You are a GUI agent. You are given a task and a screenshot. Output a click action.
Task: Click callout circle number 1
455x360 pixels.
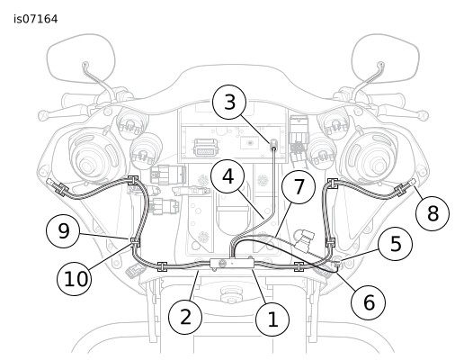click(x=272, y=319)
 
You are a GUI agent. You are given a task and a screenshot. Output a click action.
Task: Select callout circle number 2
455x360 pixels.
click(x=185, y=317)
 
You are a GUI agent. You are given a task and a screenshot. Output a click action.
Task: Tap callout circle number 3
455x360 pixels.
click(x=229, y=103)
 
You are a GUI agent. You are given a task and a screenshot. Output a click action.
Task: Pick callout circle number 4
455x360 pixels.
click(x=227, y=176)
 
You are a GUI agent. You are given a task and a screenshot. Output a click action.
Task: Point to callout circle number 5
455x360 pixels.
click(x=396, y=244)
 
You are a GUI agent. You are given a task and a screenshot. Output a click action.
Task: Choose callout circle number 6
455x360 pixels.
click(x=369, y=302)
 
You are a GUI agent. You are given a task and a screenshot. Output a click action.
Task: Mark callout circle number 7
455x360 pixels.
click(x=299, y=187)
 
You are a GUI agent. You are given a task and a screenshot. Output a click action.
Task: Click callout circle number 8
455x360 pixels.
click(x=433, y=213)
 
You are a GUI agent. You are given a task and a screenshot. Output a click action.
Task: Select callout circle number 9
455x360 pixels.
click(x=63, y=231)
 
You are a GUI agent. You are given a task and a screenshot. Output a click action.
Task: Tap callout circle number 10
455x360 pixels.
click(x=74, y=278)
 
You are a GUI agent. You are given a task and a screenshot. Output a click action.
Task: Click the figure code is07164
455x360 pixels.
click(x=36, y=19)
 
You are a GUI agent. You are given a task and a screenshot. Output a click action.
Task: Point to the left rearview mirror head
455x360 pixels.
click(x=81, y=57)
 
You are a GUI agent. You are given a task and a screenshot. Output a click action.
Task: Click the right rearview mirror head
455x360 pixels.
click(x=386, y=57)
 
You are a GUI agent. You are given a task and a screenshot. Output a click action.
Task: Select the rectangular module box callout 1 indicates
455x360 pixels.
click(x=232, y=264)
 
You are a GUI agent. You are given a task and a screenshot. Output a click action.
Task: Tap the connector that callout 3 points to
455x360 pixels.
click(x=273, y=144)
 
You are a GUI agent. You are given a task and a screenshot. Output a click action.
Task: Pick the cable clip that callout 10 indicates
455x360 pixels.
click(x=134, y=242)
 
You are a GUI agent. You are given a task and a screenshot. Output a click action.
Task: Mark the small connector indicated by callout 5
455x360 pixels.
click(x=337, y=263)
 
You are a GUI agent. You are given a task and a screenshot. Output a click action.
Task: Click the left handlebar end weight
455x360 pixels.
click(x=43, y=115)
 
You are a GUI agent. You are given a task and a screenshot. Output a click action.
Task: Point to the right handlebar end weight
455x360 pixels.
click(x=423, y=115)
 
